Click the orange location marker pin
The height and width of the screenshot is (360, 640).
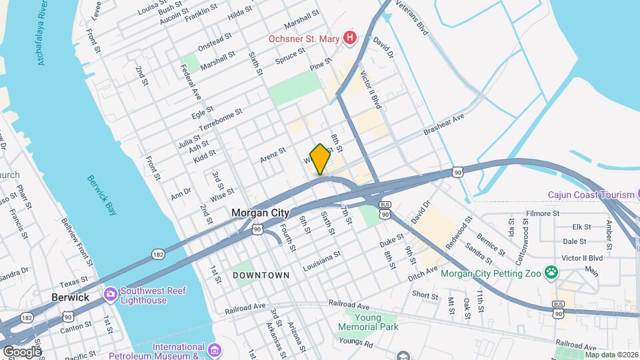(320, 159)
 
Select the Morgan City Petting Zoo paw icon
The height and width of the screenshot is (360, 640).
(551, 271)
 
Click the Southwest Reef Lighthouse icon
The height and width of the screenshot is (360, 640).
(110, 293)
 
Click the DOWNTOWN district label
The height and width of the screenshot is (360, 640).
(261, 275)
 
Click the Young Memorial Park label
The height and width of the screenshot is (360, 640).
(368, 322)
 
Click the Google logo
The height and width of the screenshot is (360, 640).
(22, 351)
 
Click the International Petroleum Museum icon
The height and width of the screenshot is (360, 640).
(214, 350)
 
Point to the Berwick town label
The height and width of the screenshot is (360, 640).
(70, 297)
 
